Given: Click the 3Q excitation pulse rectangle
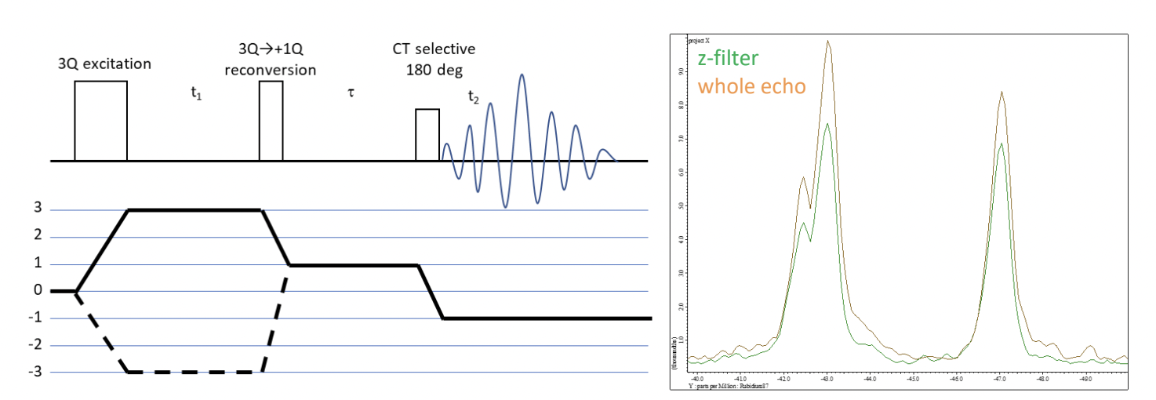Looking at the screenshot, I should pyautogui.click(x=100, y=121).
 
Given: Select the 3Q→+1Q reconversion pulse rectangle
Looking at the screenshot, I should pyautogui.click(x=271, y=121).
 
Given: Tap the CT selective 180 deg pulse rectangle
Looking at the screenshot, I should pyautogui.click(x=427, y=135).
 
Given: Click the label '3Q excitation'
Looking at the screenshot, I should pyautogui.click(x=104, y=62).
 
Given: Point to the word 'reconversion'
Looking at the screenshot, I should pyautogui.click(x=270, y=70).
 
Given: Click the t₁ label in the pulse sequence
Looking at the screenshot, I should pyautogui.click(x=197, y=100).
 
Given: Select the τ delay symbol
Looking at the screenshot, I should pyautogui.click(x=351, y=92).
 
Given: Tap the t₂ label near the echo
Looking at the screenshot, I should pyautogui.click(x=472, y=97).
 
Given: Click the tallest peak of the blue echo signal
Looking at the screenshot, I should pyautogui.click(x=520, y=76).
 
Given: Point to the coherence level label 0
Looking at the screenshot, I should pyautogui.click(x=38, y=291).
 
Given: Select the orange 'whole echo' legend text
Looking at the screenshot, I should pyautogui.click(x=751, y=86).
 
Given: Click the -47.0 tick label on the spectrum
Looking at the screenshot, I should pyautogui.click(x=1001, y=378).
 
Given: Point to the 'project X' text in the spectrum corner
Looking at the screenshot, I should pyautogui.click(x=700, y=38).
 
